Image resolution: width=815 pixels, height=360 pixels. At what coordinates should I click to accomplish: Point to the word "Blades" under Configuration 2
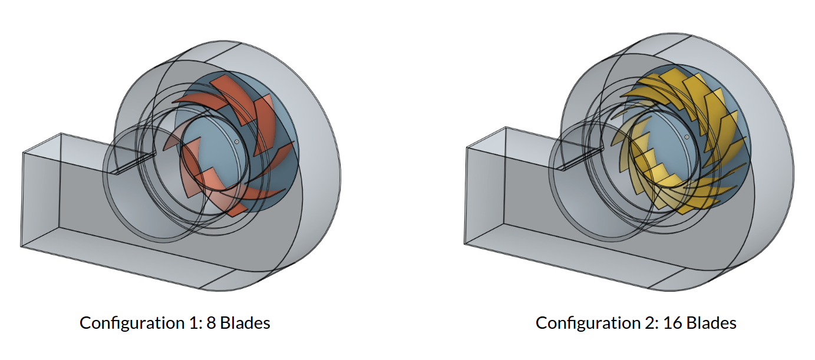click(711, 323)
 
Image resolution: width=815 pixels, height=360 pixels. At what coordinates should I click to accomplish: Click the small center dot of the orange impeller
click(236, 141)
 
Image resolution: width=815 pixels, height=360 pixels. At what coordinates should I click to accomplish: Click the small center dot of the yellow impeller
click(687, 137)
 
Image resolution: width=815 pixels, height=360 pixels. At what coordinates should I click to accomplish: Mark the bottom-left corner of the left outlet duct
click(21, 246)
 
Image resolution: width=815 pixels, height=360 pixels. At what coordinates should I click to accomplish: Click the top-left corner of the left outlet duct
click(22, 153)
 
